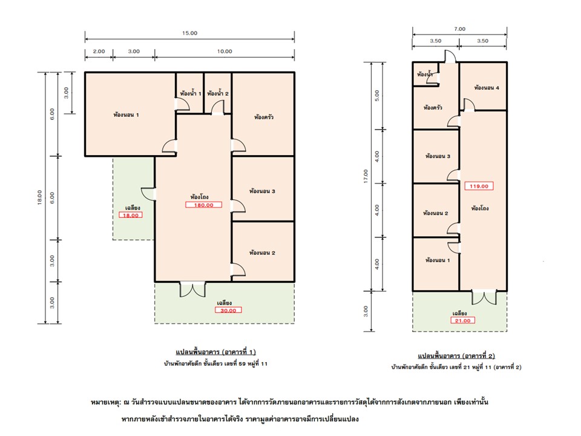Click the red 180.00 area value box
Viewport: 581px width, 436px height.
[203, 205]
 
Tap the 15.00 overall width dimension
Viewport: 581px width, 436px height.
[189, 33]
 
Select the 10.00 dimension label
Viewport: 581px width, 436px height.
[225, 51]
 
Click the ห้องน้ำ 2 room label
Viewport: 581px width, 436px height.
[218, 93]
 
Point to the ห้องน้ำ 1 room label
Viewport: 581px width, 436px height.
[191, 93]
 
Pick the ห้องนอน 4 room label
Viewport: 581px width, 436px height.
[487, 88]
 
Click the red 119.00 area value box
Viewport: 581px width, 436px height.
[479, 186]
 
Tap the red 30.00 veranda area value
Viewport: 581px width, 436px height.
[228, 310]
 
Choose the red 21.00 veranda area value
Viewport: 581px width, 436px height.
[462, 320]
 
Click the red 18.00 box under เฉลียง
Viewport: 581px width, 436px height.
[131, 215]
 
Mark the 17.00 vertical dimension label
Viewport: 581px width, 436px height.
[366, 176]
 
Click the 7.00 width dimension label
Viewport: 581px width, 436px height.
[459, 29]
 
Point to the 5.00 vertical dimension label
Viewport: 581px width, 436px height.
[377, 96]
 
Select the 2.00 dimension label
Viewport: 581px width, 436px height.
[99, 51]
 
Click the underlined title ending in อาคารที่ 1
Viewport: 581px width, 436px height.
[215, 351]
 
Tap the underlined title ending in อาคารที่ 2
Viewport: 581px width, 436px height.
[456, 355]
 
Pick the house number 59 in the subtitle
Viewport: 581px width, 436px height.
[242, 364]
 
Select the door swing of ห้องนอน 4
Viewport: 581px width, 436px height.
[468, 105]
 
